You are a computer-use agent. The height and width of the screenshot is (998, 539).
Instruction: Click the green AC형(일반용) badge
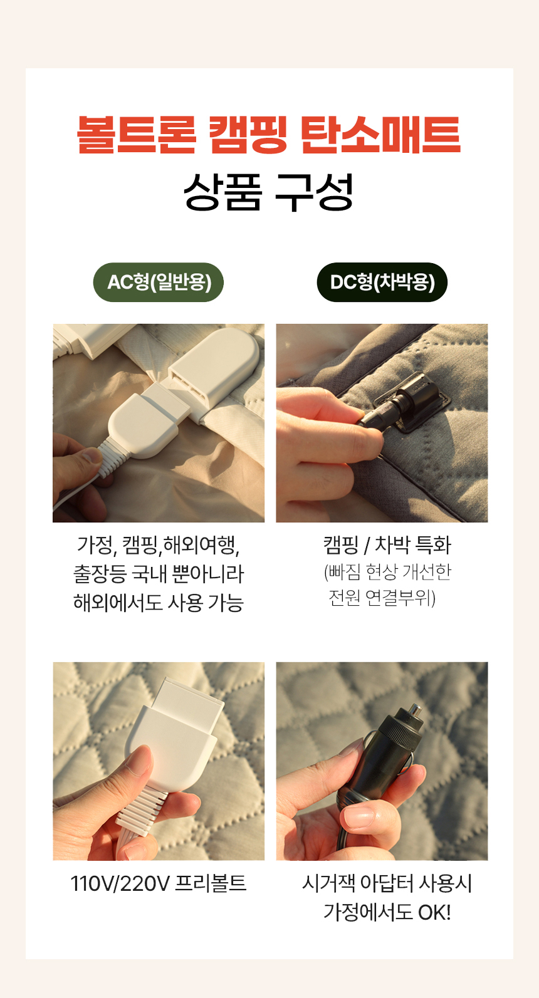click(159, 282)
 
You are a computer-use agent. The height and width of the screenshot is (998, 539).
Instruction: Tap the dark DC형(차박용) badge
click(382, 282)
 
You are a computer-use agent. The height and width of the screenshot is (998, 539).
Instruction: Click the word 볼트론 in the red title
click(137, 135)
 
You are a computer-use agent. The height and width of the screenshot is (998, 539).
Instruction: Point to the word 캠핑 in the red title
click(248, 135)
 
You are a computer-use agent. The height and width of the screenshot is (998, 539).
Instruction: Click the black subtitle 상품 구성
click(269, 192)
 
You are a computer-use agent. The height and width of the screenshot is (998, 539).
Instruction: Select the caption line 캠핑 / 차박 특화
click(387, 545)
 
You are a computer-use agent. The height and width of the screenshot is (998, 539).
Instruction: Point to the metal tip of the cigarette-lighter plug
click(415, 709)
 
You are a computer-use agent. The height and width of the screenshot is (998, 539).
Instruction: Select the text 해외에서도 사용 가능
click(159, 603)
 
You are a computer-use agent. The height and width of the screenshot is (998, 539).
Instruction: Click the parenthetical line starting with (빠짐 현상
click(387, 572)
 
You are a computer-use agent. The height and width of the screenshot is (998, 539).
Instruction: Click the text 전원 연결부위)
click(382, 598)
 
